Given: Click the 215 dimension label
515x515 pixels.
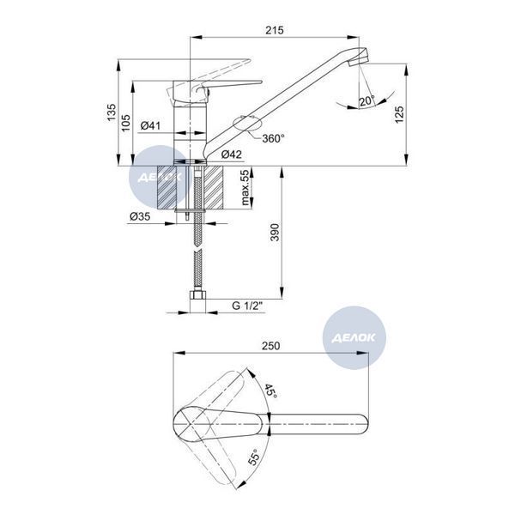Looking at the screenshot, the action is (x=275, y=30).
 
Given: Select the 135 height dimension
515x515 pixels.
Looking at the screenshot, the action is (x=112, y=112).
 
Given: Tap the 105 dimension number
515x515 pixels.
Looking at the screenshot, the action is (x=126, y=123).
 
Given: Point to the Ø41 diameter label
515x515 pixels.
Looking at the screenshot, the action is (x=150, y=125).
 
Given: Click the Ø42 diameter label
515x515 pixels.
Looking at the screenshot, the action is (x=231, y=154).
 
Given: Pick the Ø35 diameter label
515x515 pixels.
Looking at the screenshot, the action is (x=140, y=216).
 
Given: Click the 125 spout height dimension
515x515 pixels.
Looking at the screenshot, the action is (x=399, y=114).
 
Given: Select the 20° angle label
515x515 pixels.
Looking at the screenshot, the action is (x=367, y=100).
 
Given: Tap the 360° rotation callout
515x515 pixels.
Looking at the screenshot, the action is (x=273, y=138).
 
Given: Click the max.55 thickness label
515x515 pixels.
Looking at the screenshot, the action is (x=245, y=187).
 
